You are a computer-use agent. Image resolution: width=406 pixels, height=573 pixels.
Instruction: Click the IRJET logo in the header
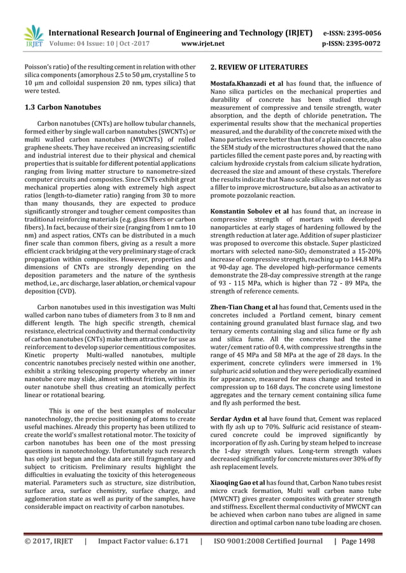[30, 37]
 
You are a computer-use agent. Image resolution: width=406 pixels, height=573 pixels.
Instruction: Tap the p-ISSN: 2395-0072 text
[354, 45]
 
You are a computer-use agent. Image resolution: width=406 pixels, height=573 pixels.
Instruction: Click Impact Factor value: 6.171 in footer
[143, 561]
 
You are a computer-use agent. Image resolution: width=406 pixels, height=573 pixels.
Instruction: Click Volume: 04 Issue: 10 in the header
[82, 45]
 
